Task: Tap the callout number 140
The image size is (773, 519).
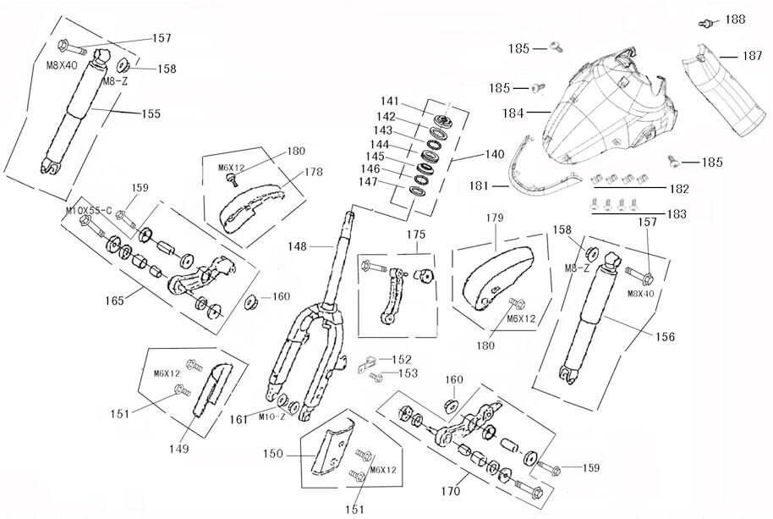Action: [494, 154]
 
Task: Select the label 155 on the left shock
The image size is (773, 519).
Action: [150, 113]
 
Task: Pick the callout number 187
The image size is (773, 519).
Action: [752, 56]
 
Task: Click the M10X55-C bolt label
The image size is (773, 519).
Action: [89, 209]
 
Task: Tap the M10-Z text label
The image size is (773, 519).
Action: [270, 416]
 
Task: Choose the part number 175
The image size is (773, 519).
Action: [414, 233]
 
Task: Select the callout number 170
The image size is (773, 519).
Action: [449, 490]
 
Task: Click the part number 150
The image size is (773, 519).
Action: [272, 454]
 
